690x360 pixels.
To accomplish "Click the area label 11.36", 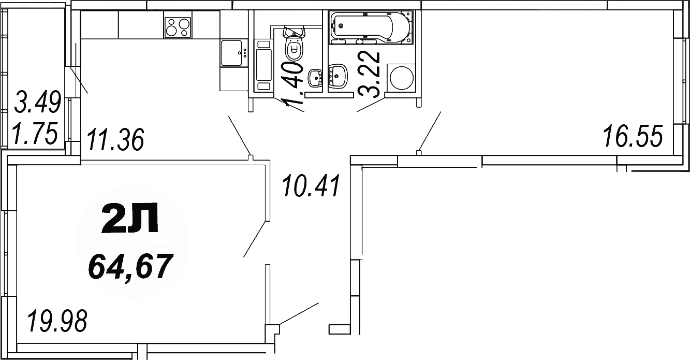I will (x=114, y=140).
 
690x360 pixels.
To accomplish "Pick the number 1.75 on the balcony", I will (x=35, y=135).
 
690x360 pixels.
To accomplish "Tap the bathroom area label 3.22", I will (x=371, y=75).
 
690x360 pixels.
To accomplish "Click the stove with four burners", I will (x=178, y=27).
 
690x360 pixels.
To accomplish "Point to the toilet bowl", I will (x=293, y=46).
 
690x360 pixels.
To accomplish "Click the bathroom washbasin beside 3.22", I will (x=339, y=76).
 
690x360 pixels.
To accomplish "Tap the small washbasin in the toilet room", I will (x=315, y=78).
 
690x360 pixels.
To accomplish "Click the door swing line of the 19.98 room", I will (x=254, y=239).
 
